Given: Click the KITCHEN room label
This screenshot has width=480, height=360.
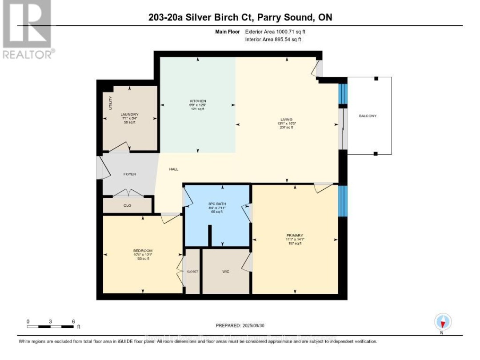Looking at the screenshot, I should (197, 101).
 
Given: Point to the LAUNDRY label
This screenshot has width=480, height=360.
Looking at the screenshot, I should (130, 114).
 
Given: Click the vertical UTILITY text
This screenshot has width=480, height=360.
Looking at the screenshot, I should (111, 103).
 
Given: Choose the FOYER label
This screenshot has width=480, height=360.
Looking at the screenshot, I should (130, 174).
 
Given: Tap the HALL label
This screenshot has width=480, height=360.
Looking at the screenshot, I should (173, 169).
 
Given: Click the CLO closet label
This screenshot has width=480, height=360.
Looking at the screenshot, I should (128, 206).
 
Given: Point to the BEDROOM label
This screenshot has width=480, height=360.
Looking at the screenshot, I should (143, 251).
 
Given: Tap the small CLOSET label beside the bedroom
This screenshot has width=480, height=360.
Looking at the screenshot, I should (192, 271).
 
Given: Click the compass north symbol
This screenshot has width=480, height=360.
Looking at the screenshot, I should (442, 321).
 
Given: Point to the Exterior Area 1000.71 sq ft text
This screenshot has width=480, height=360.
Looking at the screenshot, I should (273, 32).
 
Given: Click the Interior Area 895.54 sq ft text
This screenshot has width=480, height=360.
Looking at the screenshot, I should (273, 40).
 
